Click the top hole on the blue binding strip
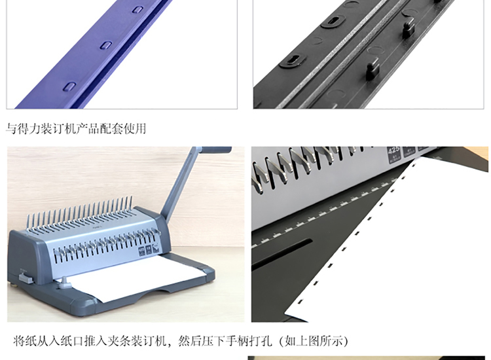(x=137, y=9)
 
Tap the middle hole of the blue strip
(x=106, y=45)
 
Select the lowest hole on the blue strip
(x=69, y=86)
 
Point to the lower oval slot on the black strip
(x=293, y=60)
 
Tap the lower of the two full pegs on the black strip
(x=373, y=69)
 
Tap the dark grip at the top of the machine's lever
(x=217, y=150)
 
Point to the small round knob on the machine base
(x=65, y=282)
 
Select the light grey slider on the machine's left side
(x=26, y=278)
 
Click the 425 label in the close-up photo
(x=393, y=151)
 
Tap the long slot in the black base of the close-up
(x=282, y=254)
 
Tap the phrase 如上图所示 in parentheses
(x=314, y=340)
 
